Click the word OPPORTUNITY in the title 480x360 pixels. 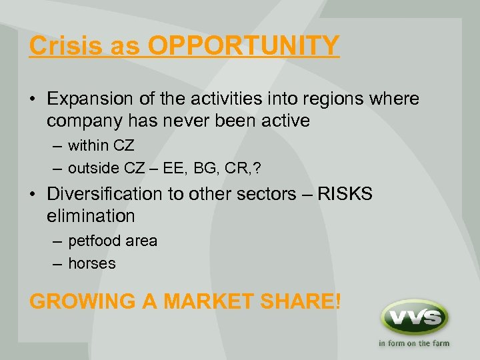(243, 46)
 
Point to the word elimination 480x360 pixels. (91, 215)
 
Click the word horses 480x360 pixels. (92, 263)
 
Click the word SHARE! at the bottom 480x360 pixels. (305, 301)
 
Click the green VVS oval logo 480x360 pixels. (413, 317)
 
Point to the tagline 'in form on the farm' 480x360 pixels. (413, 344)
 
